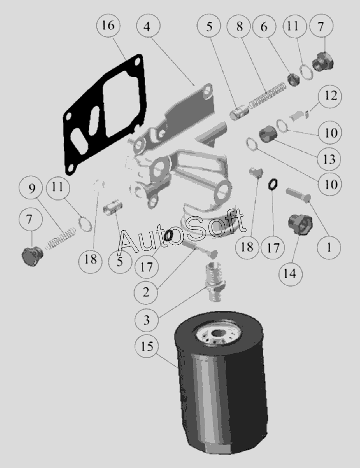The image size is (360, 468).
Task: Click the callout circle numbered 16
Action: point(108,26)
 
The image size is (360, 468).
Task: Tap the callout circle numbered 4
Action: point(148,26)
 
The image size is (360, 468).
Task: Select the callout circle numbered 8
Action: point(239,26)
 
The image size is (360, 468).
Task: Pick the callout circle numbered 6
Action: point(264,26)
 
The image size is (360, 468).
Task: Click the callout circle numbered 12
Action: point(330,96)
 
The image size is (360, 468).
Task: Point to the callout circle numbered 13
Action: point(329,159)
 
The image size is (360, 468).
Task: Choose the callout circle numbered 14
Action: point(290,273)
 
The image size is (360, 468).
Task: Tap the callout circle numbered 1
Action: point(329,247)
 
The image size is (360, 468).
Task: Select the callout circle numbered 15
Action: point(147,346)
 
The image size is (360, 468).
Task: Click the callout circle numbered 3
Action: point(147,320)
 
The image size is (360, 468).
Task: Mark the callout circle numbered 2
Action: point(146,292)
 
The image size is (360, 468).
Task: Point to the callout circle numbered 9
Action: point(31,188)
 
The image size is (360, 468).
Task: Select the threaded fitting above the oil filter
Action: point(214,282)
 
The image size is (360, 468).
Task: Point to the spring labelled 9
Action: point(60,239)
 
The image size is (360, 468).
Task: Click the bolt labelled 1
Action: point(299,195)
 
